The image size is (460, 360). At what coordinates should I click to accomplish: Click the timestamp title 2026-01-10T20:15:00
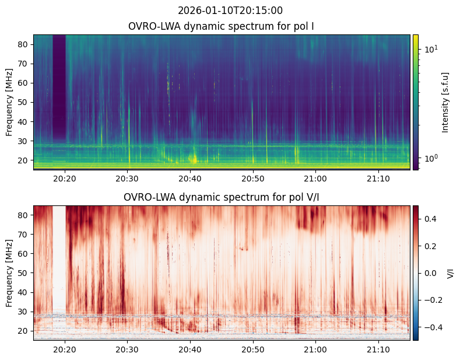tap(230, 11)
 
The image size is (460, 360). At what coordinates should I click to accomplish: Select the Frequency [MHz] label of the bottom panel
tap(9, 272)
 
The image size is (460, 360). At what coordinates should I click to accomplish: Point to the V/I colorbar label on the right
tap(450, 272)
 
